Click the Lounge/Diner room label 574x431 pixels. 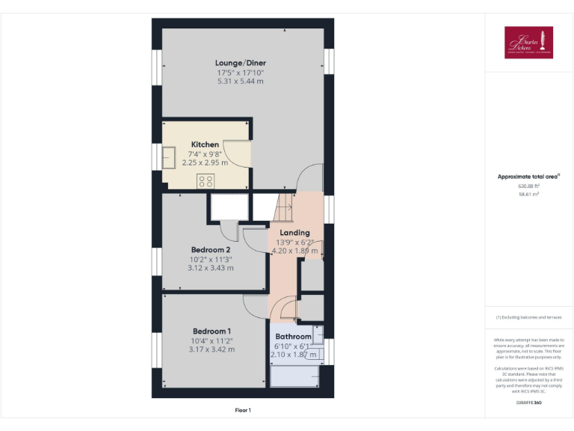pos(241,63)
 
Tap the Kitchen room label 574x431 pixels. pos(205,144)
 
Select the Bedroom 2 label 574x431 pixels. pos(210,249)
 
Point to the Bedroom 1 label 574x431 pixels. pos(212,331)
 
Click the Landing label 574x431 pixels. pos(294,233)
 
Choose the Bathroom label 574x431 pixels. pos(293,337)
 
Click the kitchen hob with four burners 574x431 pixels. pos(206,180)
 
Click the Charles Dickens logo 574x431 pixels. pos(528,43)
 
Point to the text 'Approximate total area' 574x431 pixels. pos(528,177)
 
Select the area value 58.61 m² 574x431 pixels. pos(528,194)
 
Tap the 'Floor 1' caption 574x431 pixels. pos(243,410)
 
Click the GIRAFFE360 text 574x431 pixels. pos(528,403)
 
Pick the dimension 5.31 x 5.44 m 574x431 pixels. pos(241,81)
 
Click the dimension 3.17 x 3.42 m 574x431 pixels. pos(212,349)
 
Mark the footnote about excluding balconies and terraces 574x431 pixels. pos(528,317)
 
